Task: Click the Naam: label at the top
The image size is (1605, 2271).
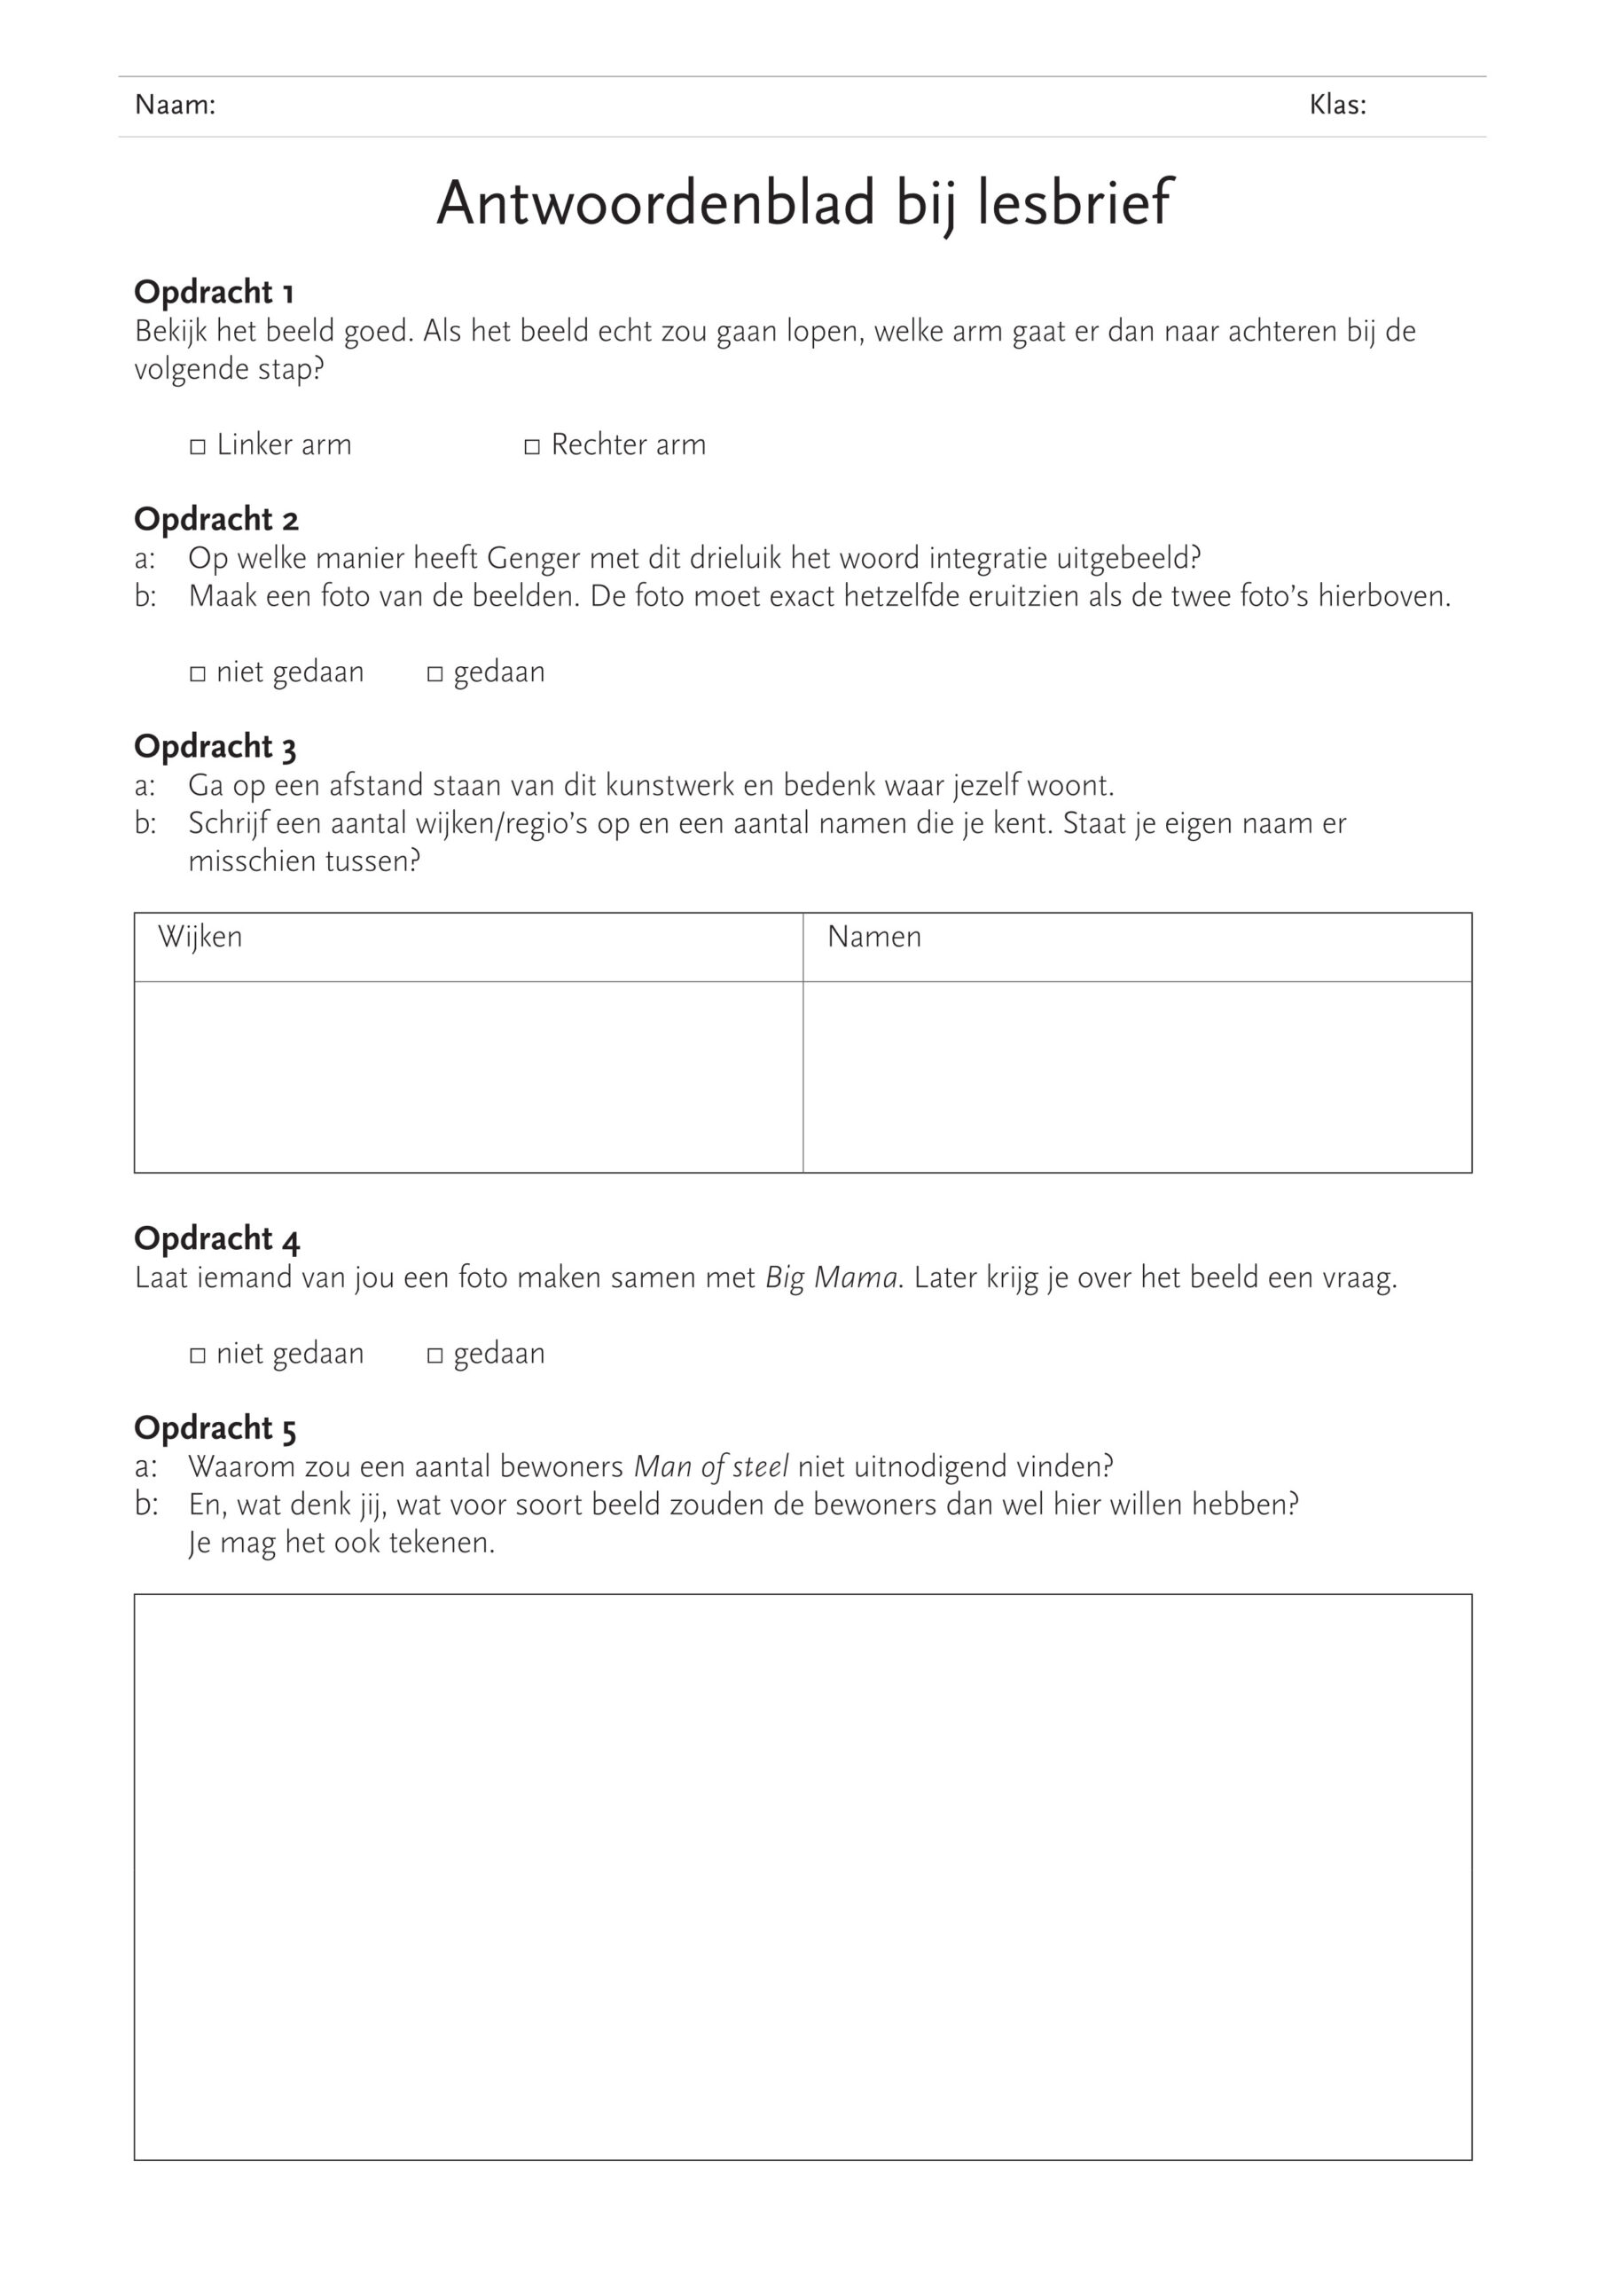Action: [175, 105]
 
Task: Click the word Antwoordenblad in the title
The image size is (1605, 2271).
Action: [655, 204]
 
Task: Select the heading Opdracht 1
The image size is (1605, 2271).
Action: [214, 292]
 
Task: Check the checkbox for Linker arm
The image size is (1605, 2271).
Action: [198, 447]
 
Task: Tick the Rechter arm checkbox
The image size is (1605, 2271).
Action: [532, 447]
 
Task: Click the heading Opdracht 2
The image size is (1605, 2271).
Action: [215, 519]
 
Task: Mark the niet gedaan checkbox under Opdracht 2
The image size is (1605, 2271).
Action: [198, 674]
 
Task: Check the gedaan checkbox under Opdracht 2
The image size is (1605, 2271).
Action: [435, 674]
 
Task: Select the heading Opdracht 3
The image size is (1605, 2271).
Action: [215, 747]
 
